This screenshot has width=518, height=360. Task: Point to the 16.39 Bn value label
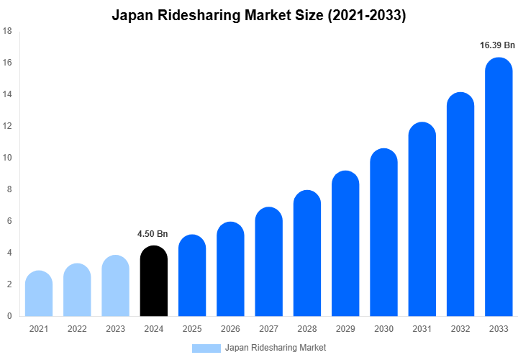tap(497, 45)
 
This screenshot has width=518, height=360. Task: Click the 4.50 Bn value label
tap(153, 234)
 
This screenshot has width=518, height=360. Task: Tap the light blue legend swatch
tap(206, 348)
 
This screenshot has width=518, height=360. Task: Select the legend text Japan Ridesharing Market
tap(276, 348)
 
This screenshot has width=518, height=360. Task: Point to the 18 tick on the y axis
tap(7, 31)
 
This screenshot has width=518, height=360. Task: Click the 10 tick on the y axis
tap(7, 158)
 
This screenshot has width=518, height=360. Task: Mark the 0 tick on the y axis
tap(9, 316)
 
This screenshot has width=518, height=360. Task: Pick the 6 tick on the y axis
tap(9, 221)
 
